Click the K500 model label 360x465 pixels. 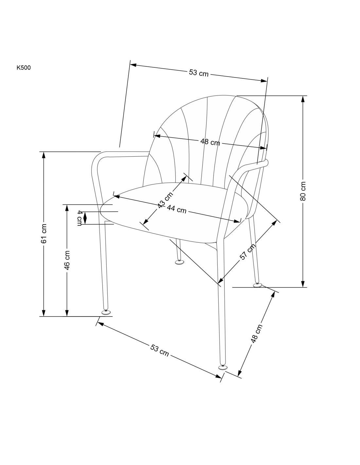[x=24, y=68]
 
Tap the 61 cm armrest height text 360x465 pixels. [x=44, y=233]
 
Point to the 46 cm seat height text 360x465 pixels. [x=67, y=260]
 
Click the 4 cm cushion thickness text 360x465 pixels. [x=80, y=218]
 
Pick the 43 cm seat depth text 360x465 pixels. [x=165, y=200]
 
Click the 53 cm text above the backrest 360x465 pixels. [x=198, y=73]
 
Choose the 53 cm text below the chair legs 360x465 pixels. [x=160, y=350]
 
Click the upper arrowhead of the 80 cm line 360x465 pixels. [x=303, y=98]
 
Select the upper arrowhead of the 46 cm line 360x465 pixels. [x=67, y=207]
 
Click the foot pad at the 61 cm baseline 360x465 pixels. [x=105, y=313]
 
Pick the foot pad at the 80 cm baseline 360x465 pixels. [x=258, y=285]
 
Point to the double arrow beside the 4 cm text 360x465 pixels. [x=85, y=217]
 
